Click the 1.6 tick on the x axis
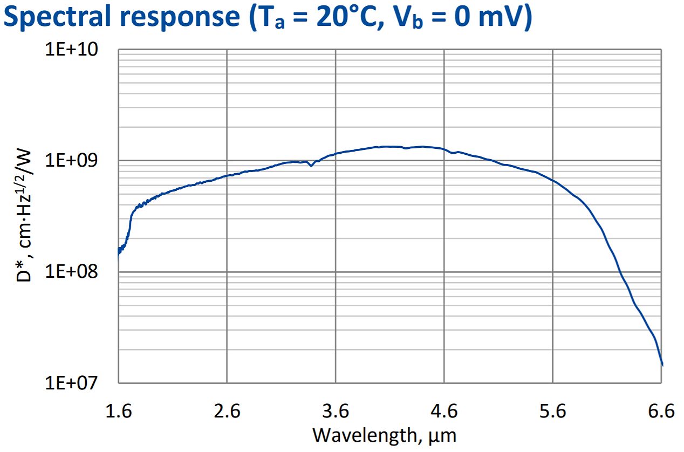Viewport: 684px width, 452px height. (118, 412)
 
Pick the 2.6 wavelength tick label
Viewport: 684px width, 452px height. (227, 412)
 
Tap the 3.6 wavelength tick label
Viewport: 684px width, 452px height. (336, 412)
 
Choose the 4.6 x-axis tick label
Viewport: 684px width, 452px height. (444, 412)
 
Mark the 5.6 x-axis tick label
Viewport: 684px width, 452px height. (553, 412)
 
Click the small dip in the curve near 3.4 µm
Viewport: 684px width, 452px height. (311, 165)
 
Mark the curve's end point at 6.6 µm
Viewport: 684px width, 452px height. (662, 365)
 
